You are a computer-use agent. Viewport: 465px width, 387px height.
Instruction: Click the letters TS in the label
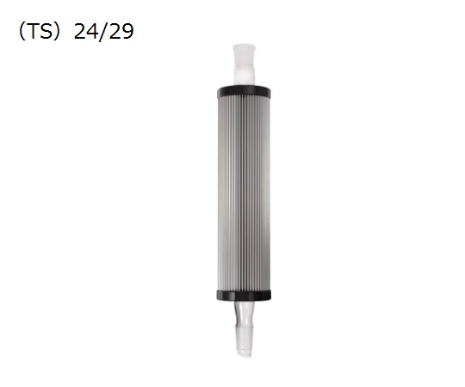(41, 31)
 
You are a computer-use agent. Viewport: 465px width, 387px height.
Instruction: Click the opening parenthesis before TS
(22, 32)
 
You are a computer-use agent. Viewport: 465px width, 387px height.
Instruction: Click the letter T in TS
(34, 31)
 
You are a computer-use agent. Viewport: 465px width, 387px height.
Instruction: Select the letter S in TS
(47, 31)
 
